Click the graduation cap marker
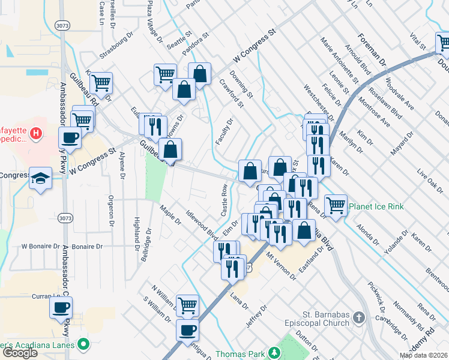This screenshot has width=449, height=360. pos(41,178)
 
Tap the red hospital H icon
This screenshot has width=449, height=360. pos(35,131)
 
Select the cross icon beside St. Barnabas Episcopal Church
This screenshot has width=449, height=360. pos(358,316)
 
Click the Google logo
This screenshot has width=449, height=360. pos(20,353)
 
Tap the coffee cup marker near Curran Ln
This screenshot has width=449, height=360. pos(60,308)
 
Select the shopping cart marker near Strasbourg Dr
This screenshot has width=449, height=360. pos(101,83)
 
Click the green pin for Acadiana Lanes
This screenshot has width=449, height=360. pos(83,344)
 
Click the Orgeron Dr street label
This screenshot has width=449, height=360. pos(111,212)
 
